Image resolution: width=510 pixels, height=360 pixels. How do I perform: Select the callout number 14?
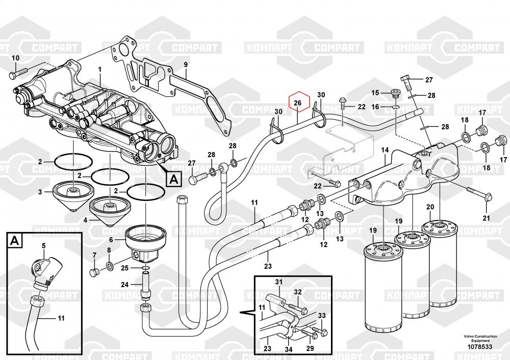tap(385, 150)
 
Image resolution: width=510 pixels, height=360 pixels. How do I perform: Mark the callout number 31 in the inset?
tap(278, 282)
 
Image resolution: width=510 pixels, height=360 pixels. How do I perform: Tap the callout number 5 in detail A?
tap(43, 246)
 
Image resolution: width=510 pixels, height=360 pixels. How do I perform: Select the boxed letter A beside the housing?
tap(173, 179)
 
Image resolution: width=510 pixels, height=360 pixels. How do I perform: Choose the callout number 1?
tap(100, 69)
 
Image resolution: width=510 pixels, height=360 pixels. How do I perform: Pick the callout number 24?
tap(125, 285)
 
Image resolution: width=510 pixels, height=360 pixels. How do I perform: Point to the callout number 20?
tap(430, 207)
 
